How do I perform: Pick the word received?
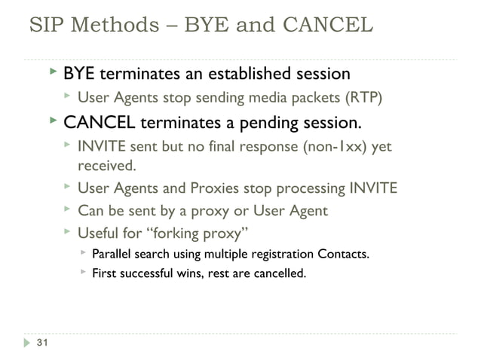(107, 164)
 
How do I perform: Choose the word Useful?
(102, 231)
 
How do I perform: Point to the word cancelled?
(278, 273)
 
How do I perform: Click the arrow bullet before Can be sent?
(66, 209)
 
